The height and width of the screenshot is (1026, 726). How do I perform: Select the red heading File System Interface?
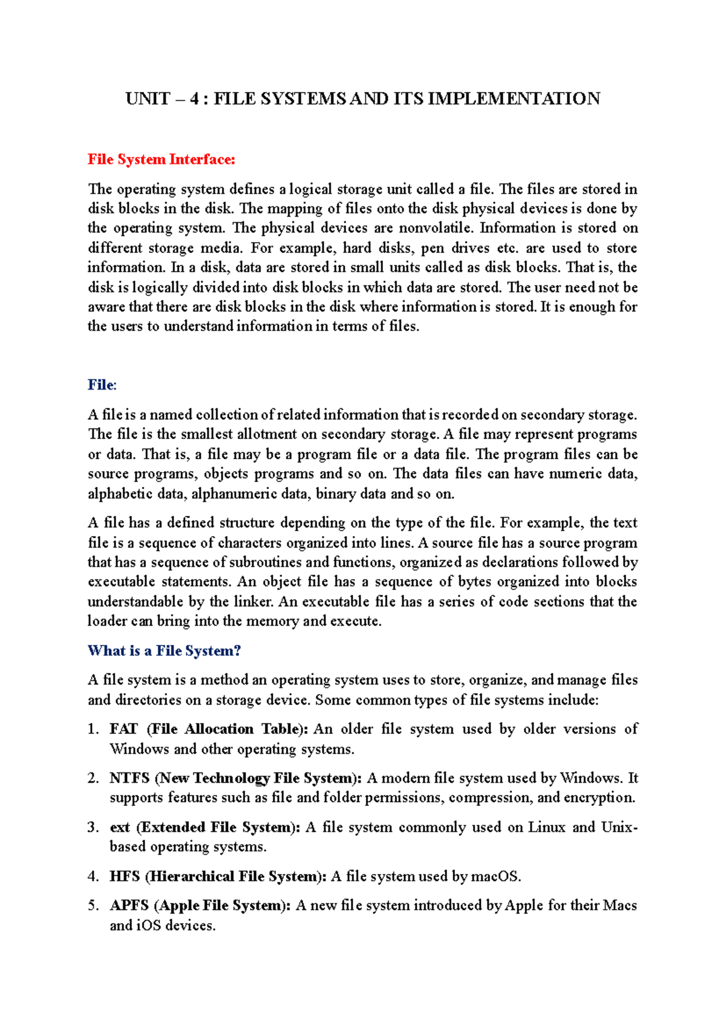(161, 160)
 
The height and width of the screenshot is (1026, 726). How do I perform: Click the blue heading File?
(102, 385)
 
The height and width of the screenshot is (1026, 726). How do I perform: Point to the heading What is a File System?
(164, 651)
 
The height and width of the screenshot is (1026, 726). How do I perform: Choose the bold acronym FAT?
(123, 729)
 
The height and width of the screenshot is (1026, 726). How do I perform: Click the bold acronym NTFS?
(129, 778)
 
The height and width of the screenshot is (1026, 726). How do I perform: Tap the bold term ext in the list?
(119, 828)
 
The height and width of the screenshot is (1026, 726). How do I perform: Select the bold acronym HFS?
(124, 877)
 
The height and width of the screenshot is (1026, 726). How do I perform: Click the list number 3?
(93, 828)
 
